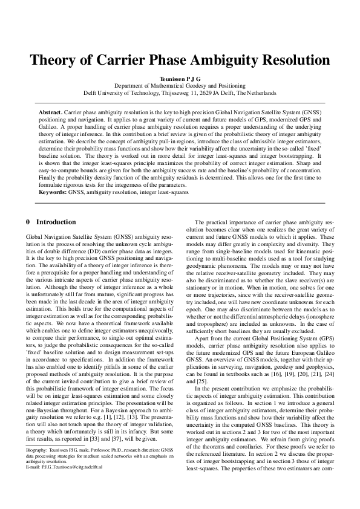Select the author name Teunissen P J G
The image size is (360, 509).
pos(180,79)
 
